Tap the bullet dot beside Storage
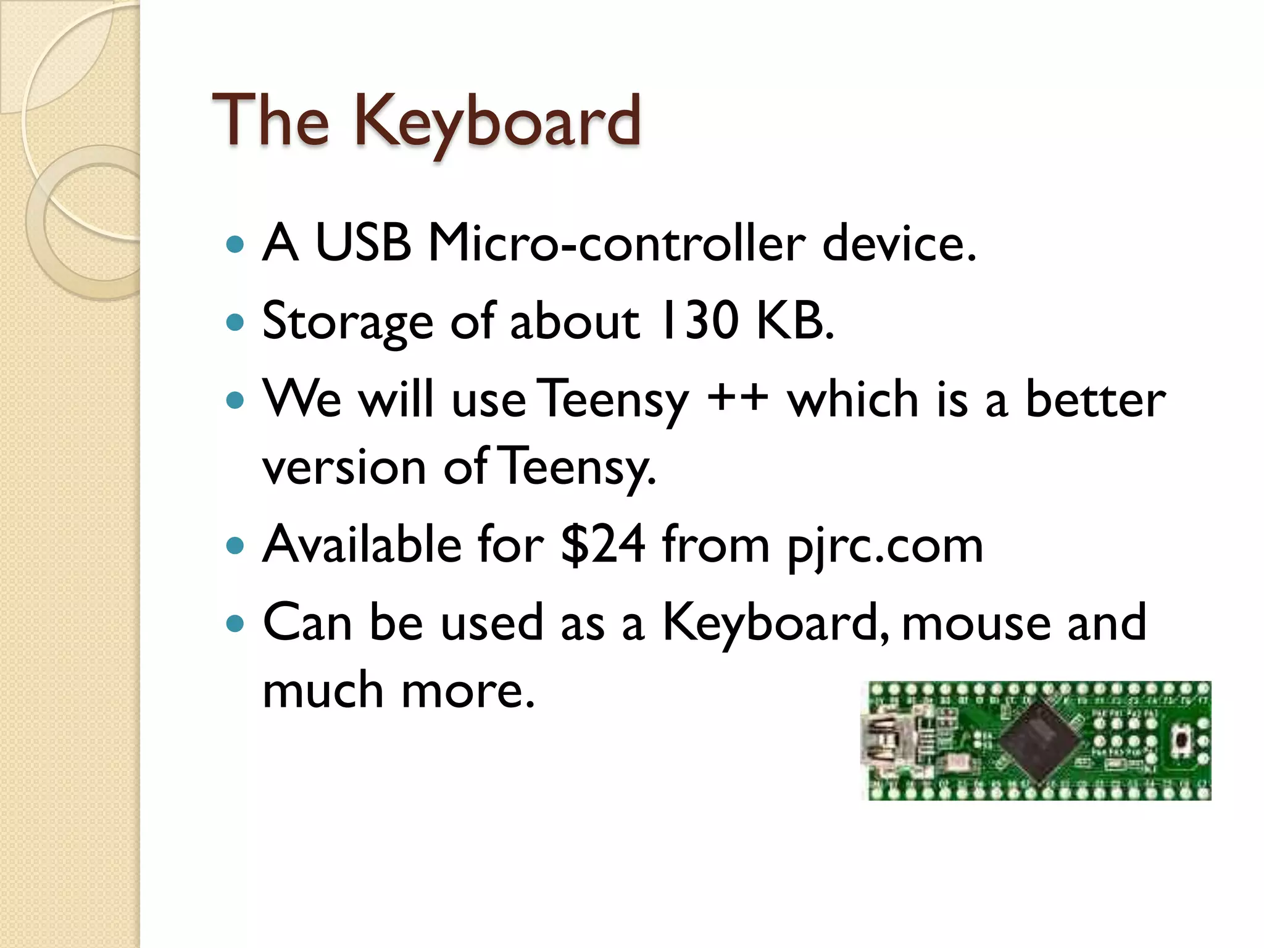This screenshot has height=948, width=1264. click(x=235, y=322)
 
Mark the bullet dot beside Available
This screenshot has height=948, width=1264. click(x=235, y=546)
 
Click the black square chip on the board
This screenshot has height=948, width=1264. click(x=1040, y=741)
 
